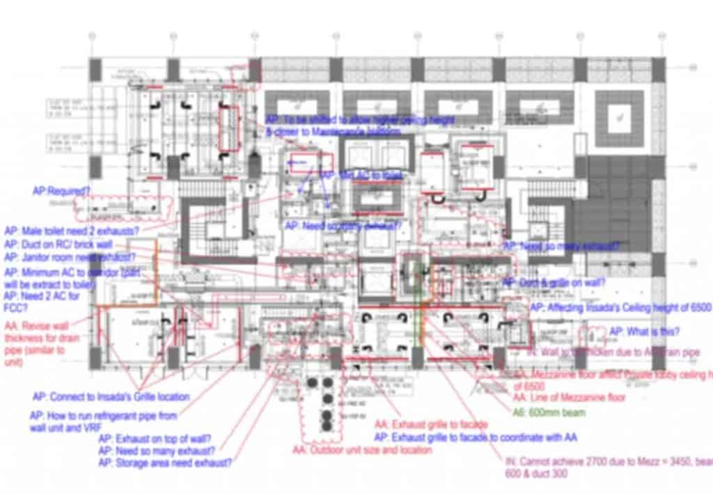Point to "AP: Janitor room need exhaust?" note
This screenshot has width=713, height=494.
pos(70,258)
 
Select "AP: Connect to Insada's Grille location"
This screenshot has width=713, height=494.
pos(111,397)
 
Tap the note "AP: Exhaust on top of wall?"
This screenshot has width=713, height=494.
pos(155,439)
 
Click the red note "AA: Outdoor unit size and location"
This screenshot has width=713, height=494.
pos(362,450)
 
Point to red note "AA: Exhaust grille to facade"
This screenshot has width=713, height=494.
pos(431,424)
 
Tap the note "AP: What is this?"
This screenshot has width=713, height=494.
pos(645,332)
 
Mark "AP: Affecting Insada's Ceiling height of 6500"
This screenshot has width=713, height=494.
pos(620,307)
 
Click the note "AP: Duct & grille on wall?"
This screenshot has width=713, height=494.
pos(554,282)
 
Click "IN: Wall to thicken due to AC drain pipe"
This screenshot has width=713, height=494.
pos(613,353)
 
